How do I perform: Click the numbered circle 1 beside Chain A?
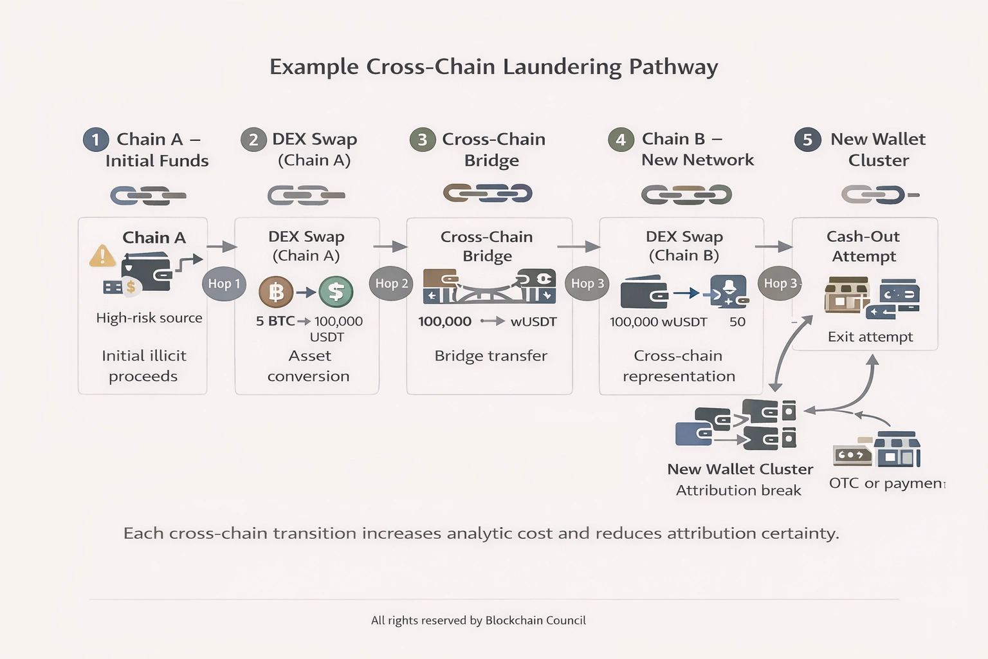pos(96,140)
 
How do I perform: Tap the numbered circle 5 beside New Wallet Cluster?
pos(807,140)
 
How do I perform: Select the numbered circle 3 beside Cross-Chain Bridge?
pos(423,140)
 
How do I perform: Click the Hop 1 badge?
pos(224,284)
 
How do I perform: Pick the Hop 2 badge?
pos(391,284)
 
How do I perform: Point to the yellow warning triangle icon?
pos(102,256)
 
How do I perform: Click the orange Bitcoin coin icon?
pos(276,292)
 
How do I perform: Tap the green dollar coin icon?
pos(336,292)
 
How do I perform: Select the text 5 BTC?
pos(275,321)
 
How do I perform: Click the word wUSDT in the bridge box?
pos(533,322)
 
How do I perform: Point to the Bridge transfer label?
pos(490,356)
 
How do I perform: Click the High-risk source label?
pos(149,318)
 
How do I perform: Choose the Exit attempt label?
pos(870,337)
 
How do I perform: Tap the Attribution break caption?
pos(738,490)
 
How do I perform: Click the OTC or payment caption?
pos(886,483)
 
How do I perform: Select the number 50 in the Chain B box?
pos(737,322)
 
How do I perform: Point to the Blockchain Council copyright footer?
pos(478,620)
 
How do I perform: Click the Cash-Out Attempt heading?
pos(863,246)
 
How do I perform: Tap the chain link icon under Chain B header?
pos(686,194)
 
